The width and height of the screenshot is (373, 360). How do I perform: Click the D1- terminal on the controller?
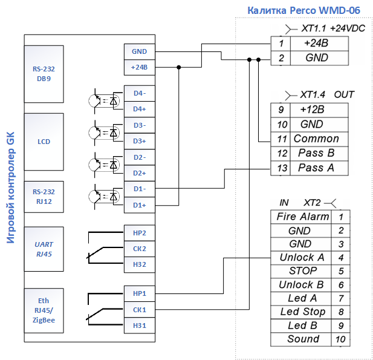(x=140, y=189)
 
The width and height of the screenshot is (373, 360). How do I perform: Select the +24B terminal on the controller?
(x=140, y=67)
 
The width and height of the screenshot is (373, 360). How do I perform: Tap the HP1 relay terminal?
(x=140, y=293)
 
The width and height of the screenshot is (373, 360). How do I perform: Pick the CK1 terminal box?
(x=140, y=310)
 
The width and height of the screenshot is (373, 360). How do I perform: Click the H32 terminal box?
(x=140, y=264)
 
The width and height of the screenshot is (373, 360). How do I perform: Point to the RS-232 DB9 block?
(x=44, y=74)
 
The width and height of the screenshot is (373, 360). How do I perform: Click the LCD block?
(x=44, y=142)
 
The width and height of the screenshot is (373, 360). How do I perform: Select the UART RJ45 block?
(x=44, y=249)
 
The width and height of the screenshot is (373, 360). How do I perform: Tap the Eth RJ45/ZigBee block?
(x=44, y=310)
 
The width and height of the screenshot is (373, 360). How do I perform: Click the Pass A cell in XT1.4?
(x=319, y=168)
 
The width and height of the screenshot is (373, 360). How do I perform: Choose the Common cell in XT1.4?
(x=319, y=139)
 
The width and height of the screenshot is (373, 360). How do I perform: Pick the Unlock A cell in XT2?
(x=301, y=258)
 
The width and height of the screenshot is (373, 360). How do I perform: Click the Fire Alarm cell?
(x=301, y=217)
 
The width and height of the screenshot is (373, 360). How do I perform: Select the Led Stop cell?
(x=301, y=312)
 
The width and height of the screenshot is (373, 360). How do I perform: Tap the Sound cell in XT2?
(x=301, y=339)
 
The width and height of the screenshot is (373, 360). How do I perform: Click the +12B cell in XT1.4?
(x=319, y=110)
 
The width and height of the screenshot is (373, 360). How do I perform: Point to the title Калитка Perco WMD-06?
(x=303, y=10)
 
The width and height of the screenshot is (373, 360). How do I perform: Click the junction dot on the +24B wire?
(x=179, y=67)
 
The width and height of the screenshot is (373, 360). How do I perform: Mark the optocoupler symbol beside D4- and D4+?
(x=105, y=101)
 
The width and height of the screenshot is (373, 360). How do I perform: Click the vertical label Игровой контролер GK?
(x=11, y=188)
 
